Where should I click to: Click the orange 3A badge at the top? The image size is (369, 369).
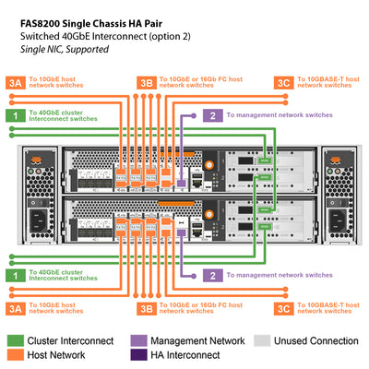(x=15, y=83)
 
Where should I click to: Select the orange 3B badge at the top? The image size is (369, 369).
(x=147, y=83)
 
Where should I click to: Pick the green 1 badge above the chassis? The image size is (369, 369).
(x=15, y=114)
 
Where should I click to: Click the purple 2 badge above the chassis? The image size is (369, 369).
(x=213, y=115)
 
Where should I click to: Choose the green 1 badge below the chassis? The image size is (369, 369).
(x=15, y=275)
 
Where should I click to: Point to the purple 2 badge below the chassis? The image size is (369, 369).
(x=213, y=275)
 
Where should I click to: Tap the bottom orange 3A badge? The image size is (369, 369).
(x=15, y=307)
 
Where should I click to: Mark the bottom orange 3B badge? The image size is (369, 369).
(x=147, y=307)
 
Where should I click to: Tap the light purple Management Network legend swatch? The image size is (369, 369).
(x=139, y=339)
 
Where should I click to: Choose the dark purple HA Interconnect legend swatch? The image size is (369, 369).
(x=139, y=355)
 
